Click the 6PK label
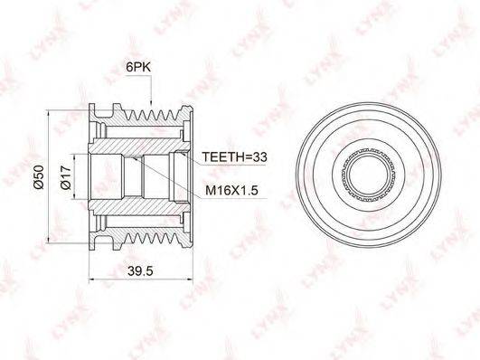[x=138, y=67]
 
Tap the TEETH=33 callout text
[x=234, y=156]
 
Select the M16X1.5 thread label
[x=231, y=190]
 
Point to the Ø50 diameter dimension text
[x=39, y=177]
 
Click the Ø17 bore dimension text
[x=66, y=177]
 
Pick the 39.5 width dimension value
[x=140, y=270]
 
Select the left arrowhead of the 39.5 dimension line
[x=92, y=279]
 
